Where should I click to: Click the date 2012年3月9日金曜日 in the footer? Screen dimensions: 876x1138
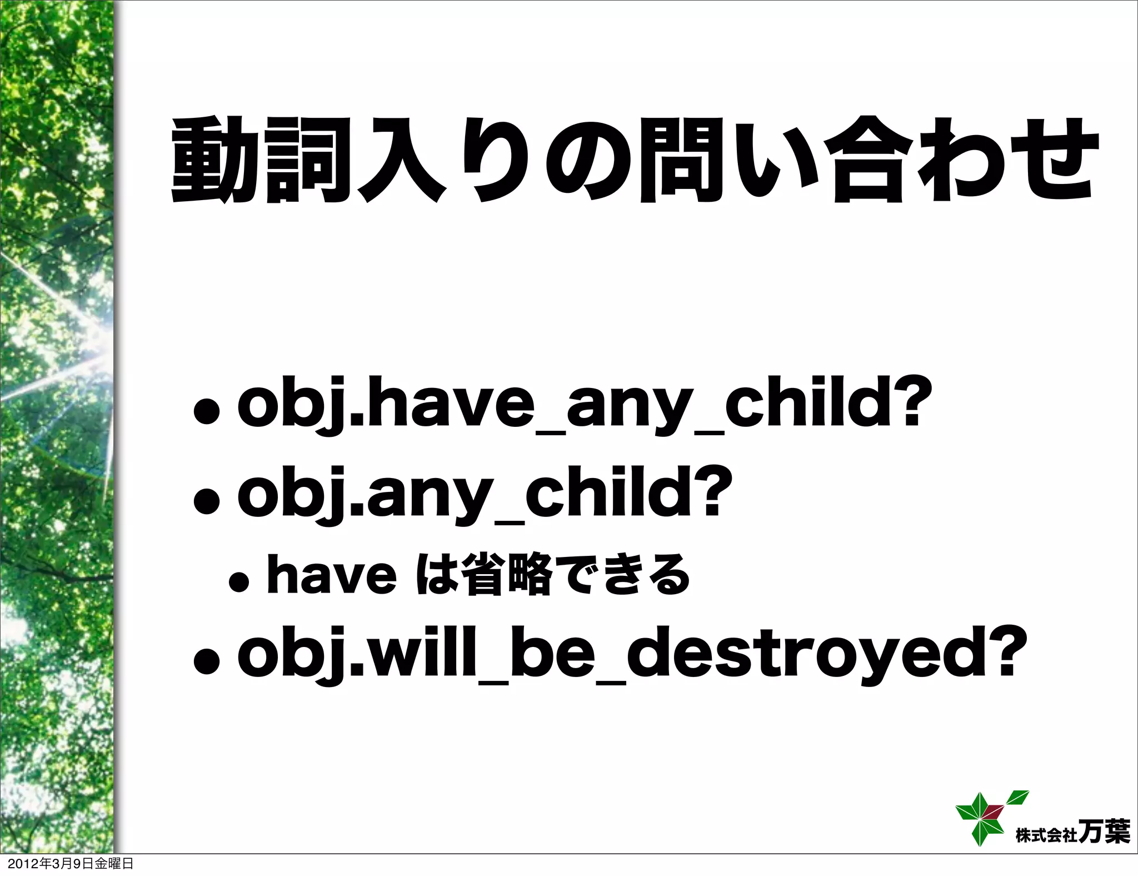pos(67,864)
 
